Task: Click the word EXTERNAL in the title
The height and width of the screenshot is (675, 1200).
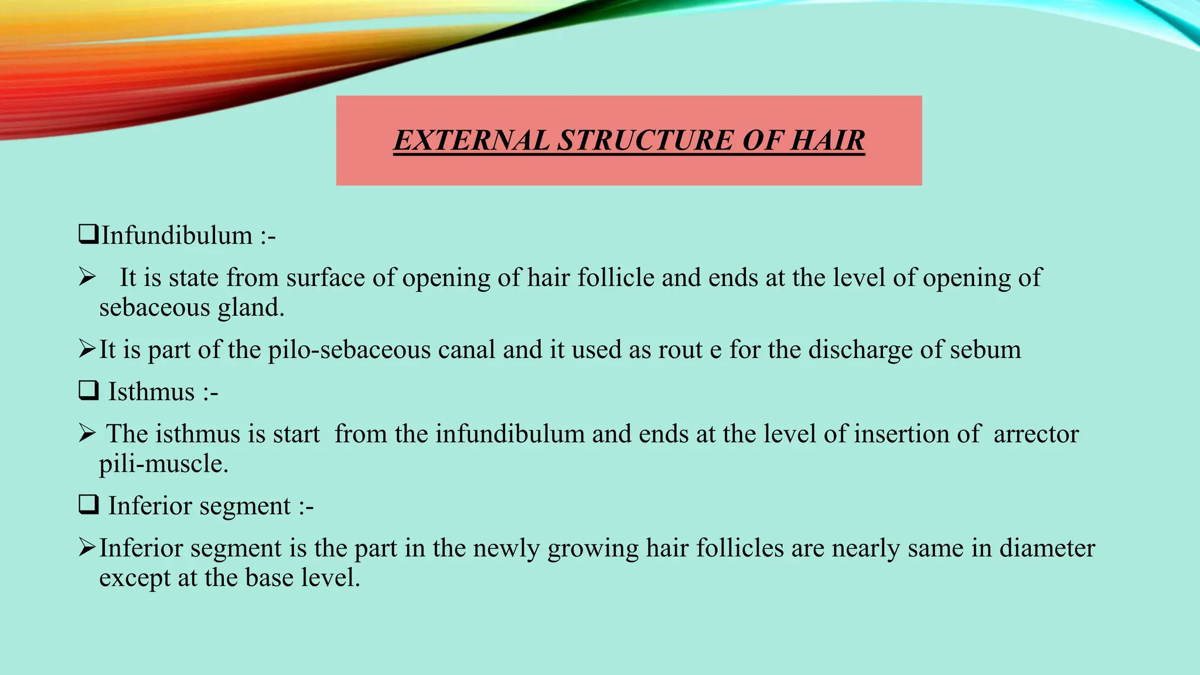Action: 471,141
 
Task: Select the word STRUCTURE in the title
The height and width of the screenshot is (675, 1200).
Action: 645,141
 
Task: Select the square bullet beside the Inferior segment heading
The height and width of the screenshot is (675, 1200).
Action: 88,504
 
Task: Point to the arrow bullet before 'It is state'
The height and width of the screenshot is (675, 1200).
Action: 87,277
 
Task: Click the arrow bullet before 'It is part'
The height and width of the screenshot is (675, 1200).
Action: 87,349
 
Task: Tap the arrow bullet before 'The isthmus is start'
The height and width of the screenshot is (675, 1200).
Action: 87,434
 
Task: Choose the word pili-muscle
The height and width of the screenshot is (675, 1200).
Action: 163,464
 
